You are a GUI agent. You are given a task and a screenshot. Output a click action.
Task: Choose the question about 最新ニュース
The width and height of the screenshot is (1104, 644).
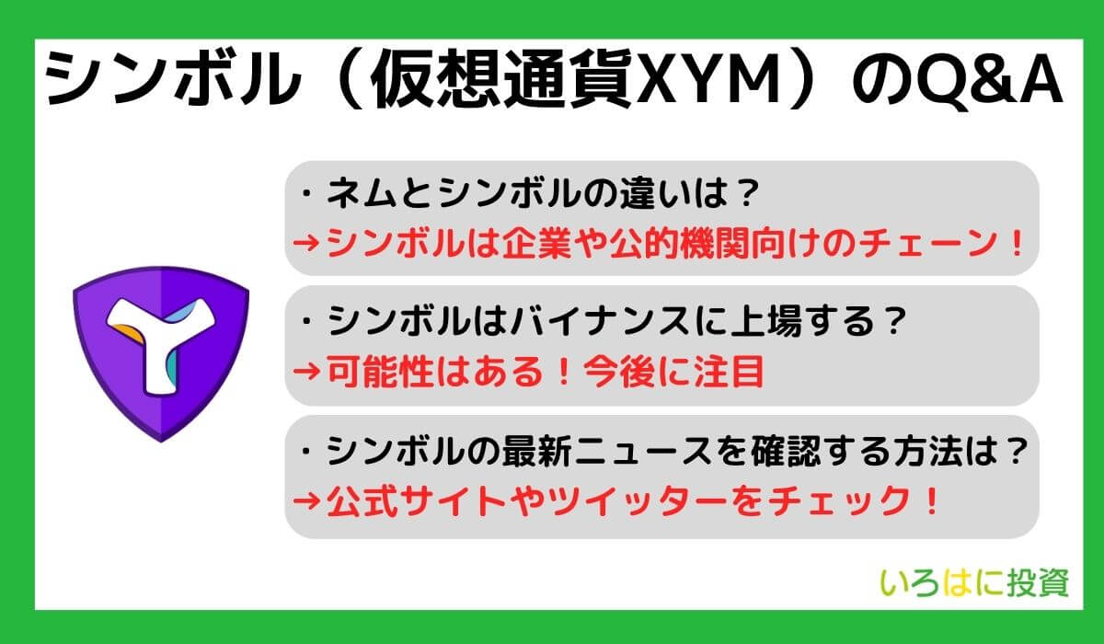point(663,450)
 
